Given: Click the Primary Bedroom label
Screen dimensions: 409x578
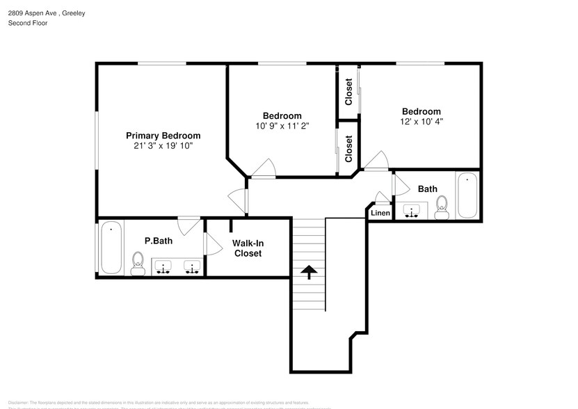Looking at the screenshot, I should pos(163,136).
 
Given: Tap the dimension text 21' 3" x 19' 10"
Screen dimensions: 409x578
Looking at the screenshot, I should pos(163,146).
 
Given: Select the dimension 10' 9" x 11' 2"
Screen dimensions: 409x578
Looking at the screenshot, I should pos(282,126).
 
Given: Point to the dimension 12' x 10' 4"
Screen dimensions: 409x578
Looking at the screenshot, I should pos(421,122).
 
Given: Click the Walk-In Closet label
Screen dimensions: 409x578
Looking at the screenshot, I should pos(248,248).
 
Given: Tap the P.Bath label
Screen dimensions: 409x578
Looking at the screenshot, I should pos(159,241).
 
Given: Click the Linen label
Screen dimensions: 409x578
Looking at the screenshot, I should pos(380,213).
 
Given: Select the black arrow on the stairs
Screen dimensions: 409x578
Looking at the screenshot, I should pos(309,271).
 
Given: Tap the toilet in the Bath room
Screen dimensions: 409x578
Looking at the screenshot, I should pos(441,207).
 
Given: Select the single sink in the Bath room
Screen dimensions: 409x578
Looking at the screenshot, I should pos(415,210).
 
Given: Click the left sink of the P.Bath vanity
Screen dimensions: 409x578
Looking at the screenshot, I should pos(163,266).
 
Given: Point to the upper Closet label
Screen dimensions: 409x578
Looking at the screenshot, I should pos(348,91).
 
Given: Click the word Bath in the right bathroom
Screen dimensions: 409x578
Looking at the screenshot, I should pos(427,189).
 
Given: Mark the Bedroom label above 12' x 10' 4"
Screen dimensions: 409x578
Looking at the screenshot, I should pos(421,111).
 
